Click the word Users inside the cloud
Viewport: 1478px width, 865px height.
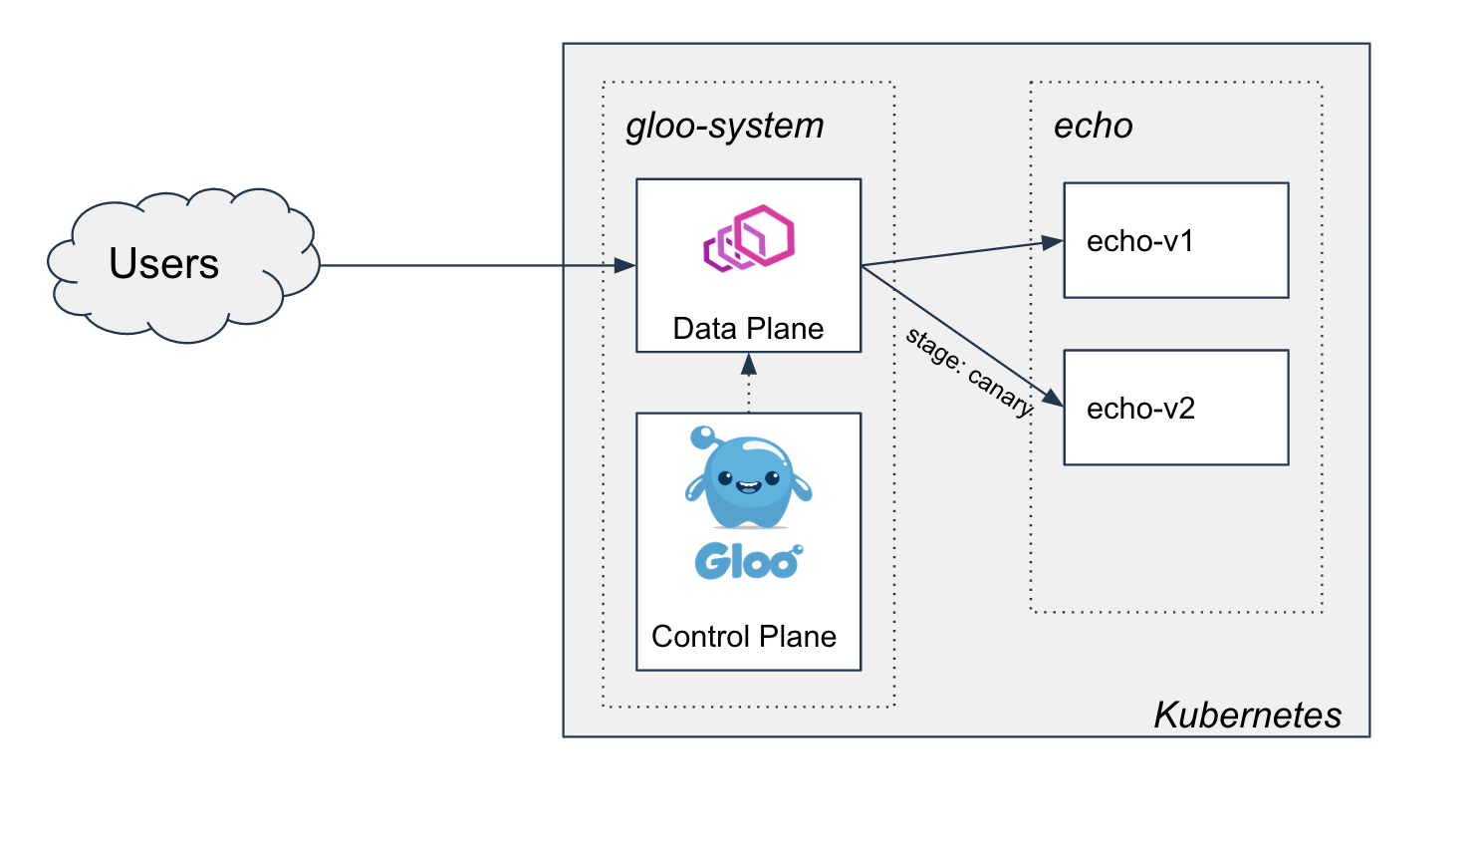164,264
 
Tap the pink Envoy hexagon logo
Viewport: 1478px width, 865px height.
749,238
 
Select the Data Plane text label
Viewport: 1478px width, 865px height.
748,329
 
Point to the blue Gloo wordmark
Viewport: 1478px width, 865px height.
747,562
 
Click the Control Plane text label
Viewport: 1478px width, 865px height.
744,637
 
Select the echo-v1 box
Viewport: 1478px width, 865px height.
1175,240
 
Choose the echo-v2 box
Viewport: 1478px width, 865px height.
1175,408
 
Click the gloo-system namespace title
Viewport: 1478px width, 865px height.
725,127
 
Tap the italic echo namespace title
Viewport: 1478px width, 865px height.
1093,127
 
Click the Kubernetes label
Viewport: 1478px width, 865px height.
1247,716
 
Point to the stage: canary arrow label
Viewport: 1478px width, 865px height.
969,372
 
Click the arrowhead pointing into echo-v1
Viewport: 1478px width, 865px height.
1053,242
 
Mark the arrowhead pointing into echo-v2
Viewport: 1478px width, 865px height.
1053,400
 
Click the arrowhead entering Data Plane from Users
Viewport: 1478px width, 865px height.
625,265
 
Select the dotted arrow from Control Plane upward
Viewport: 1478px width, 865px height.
749,384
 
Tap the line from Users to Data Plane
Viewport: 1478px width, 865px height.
468,265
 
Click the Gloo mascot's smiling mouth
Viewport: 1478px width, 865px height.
748,487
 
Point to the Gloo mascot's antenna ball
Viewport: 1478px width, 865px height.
702,435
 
